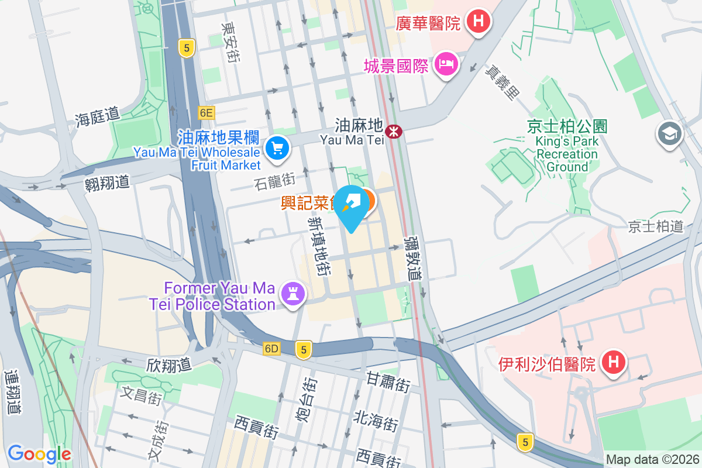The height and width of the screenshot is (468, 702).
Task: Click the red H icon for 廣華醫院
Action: click(x=479, y=22)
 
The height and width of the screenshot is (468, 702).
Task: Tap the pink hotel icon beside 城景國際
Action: click(x=447, y=64)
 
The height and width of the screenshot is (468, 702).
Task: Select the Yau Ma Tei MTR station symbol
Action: click(x=394, y=131)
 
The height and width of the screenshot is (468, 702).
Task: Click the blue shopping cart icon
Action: click(x=277, y=149)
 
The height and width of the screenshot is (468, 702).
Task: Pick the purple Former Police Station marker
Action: click(x=293, y=292)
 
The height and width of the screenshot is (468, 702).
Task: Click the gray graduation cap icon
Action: click(x=669, y=134)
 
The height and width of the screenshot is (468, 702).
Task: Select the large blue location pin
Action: click(x=352, y=208)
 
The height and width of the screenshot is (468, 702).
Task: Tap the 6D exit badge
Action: click(x=272, y=349)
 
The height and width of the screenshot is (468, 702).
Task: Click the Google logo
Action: click(x=40, y=453)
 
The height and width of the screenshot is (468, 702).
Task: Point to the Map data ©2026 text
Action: click(x=652, y=460)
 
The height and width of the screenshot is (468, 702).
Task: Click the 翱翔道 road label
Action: click(x=106, y=182)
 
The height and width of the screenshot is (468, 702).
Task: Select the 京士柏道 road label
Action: click(x=655, y=226)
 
